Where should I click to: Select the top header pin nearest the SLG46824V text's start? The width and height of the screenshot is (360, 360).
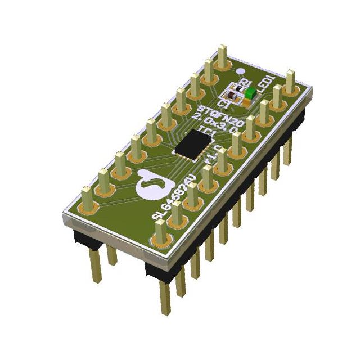(x=161, y=233)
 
